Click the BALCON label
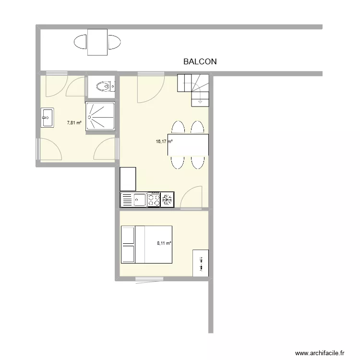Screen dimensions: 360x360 coord(200,61)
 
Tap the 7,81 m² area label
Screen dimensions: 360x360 coord(74,123)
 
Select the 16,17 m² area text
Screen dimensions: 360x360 coord(164,142)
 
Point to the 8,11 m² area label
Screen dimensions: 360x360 coord(164,243)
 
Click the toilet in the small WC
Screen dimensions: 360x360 coord(104,86)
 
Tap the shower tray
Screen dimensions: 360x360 coord(100,117)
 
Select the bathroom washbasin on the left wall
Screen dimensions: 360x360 coord(47,117)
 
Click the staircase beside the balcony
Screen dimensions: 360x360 coord(193,89)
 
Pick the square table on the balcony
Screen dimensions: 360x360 coord(97,42)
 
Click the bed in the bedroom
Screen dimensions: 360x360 coord(146,245)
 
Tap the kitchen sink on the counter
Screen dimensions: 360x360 coord(140,199)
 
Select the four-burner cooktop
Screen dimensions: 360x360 coord(154,199)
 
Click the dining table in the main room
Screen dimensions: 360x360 coord(188,145)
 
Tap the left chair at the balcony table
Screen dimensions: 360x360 coord(80,43)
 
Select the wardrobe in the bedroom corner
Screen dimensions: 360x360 coord(201,263)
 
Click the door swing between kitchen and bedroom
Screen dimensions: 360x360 coord(191,198)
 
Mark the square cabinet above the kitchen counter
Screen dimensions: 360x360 coord(128,179)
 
